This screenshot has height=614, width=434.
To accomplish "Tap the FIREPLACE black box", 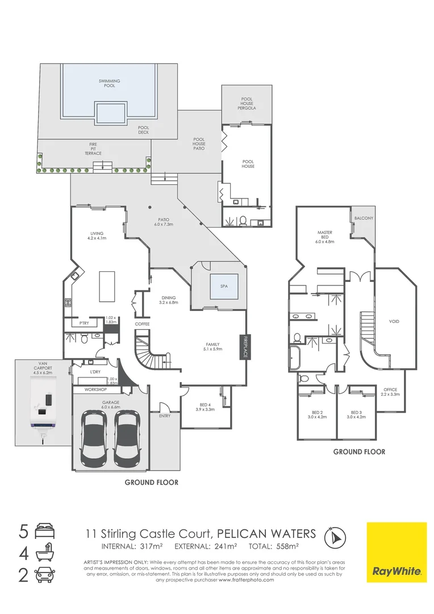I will [x=246, y=346].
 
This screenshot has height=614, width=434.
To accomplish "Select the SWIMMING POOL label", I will [x=110, y=84].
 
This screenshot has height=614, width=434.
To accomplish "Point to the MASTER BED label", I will [x=324, y=237].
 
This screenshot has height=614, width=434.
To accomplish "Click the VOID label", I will [x=394, y=322].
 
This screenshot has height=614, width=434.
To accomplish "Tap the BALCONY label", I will [x=364, y=218].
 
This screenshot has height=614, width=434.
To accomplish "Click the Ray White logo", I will [x=396, y=553].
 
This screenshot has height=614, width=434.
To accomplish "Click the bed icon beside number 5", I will [x=44, y=533].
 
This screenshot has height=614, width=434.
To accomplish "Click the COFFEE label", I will [x=141, y=324].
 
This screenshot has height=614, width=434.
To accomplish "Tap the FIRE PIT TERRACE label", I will [x=93, y=148].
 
